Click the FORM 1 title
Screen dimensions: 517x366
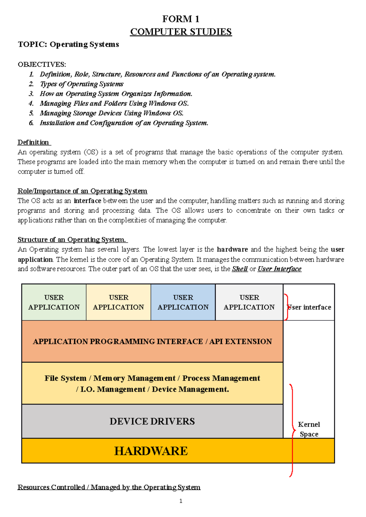coord(181,19)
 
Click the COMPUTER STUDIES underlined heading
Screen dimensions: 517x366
coord(181,32)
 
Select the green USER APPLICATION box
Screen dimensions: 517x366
coord(54,302)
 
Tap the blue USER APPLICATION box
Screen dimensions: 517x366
coord(183,302)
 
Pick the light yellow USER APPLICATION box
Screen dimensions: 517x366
coord(118,302)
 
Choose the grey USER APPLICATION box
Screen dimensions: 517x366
coord(249,302)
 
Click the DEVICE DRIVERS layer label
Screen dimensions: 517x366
coord(152,421)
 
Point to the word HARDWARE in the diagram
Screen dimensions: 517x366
coord(151,451)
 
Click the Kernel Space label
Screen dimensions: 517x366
coord(309,429)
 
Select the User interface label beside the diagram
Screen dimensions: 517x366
coord(310,307)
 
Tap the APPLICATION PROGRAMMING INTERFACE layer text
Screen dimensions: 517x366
coord(152,341)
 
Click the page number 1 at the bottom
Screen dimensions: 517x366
coord(181,501)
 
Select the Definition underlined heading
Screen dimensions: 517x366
coord(33,142)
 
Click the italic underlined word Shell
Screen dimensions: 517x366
coord(240,269)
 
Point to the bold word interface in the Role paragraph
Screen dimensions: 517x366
coord(88,201)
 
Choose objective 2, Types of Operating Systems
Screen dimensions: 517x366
coord(81,84)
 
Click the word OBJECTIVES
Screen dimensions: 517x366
coord(42,64)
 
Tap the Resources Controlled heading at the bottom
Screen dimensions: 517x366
coord(109,487)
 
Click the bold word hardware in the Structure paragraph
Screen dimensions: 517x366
coord(232,249)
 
